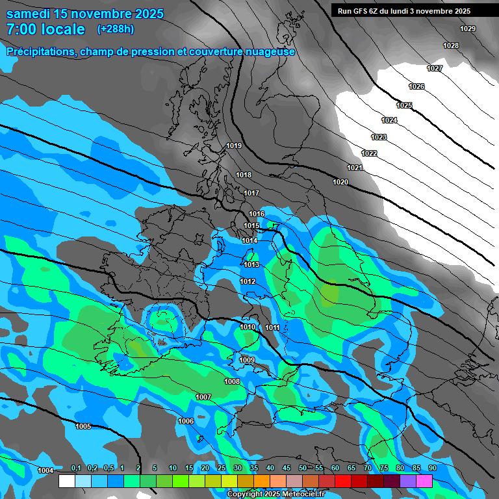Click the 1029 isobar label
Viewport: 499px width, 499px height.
[x=467, y=29]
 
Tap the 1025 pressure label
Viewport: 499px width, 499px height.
[x=404, y=105]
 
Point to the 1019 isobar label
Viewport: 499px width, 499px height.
[x=234, y=146]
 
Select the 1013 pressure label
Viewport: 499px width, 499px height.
[x=251, y=265]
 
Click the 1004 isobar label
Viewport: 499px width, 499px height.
[x=45, y=470]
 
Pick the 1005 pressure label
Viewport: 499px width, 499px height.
[x=83, y=426]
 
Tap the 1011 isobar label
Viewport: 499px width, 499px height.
[x=272, y=327]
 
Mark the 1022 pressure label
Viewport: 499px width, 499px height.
[x=369, y=153]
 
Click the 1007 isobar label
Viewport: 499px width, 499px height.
[x=203, y=397]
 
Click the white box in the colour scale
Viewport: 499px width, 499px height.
[x=66, y=481]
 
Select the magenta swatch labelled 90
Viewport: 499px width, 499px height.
[x=424, y=481]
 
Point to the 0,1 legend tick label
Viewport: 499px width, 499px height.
[x=75, y=468]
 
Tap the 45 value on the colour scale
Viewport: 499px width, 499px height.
[x=287, y=468]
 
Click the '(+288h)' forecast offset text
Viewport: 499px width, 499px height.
[x=116, y=29]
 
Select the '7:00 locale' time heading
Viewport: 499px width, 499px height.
[x=45, y=29]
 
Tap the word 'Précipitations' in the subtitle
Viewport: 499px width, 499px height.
[x=39, y=52]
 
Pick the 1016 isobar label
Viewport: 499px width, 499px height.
[x=257, y=214]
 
